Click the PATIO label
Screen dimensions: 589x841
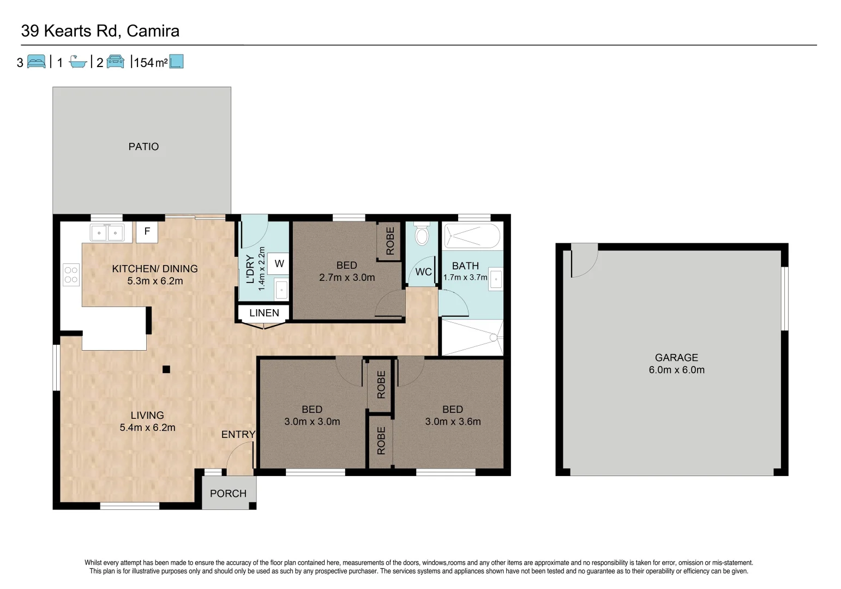point(143,147)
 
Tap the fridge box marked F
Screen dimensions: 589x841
point(147,232)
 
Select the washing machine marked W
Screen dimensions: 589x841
point(279,264)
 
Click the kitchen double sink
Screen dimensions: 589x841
point(107,233)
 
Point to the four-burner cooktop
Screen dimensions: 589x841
point(71,274)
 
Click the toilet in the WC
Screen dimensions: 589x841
point(422,235)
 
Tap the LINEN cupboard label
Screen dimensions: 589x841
point(264,313)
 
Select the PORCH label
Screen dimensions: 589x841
point(228,494)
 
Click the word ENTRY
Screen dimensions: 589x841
point(238,435)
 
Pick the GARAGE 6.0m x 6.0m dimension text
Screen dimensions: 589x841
point(676,370)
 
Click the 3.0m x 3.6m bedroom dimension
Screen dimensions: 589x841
point(453,422)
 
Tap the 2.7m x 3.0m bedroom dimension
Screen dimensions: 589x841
point(347,278)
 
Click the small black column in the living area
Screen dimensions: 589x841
point(166,369)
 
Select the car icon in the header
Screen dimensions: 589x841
point(115,62)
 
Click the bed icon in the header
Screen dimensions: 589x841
point(37,62)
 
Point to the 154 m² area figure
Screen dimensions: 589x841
point(151,63)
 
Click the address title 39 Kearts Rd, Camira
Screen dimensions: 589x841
point(100,31)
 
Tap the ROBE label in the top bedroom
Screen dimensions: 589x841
point(390,241)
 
